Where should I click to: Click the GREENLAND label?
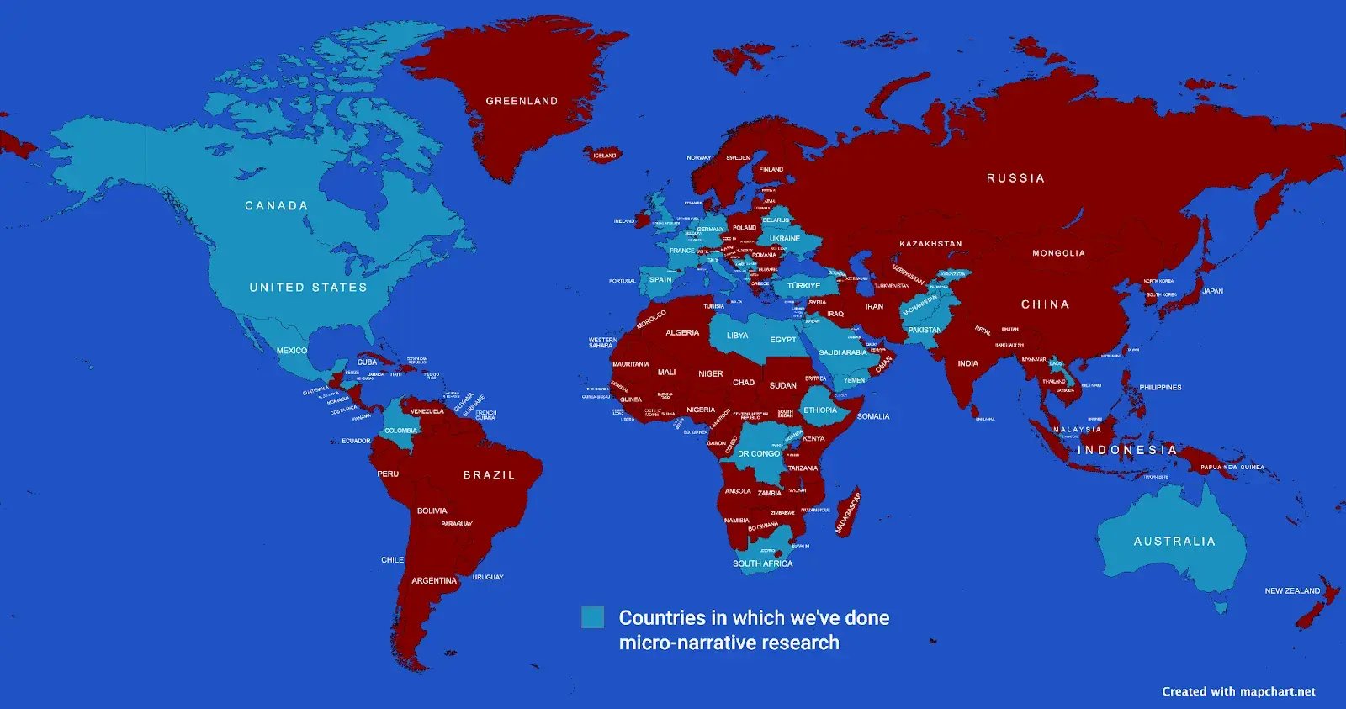522,101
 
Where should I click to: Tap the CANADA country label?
276,205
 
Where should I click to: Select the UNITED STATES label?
308,288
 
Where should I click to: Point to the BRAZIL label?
489,475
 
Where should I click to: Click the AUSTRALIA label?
1174,542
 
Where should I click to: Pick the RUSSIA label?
1015,178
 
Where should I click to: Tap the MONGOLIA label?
1058,253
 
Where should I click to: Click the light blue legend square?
592,617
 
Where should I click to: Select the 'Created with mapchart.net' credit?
1238,691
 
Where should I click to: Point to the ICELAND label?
604,156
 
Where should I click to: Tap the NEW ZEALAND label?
1292,591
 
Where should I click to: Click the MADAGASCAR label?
848,512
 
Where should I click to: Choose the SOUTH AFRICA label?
762,563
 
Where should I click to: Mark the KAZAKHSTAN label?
930,244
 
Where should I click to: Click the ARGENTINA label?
434,581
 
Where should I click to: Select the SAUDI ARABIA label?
842,352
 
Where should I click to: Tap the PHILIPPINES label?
1160,388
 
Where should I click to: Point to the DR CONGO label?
759,453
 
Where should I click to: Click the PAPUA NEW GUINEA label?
1232,468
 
